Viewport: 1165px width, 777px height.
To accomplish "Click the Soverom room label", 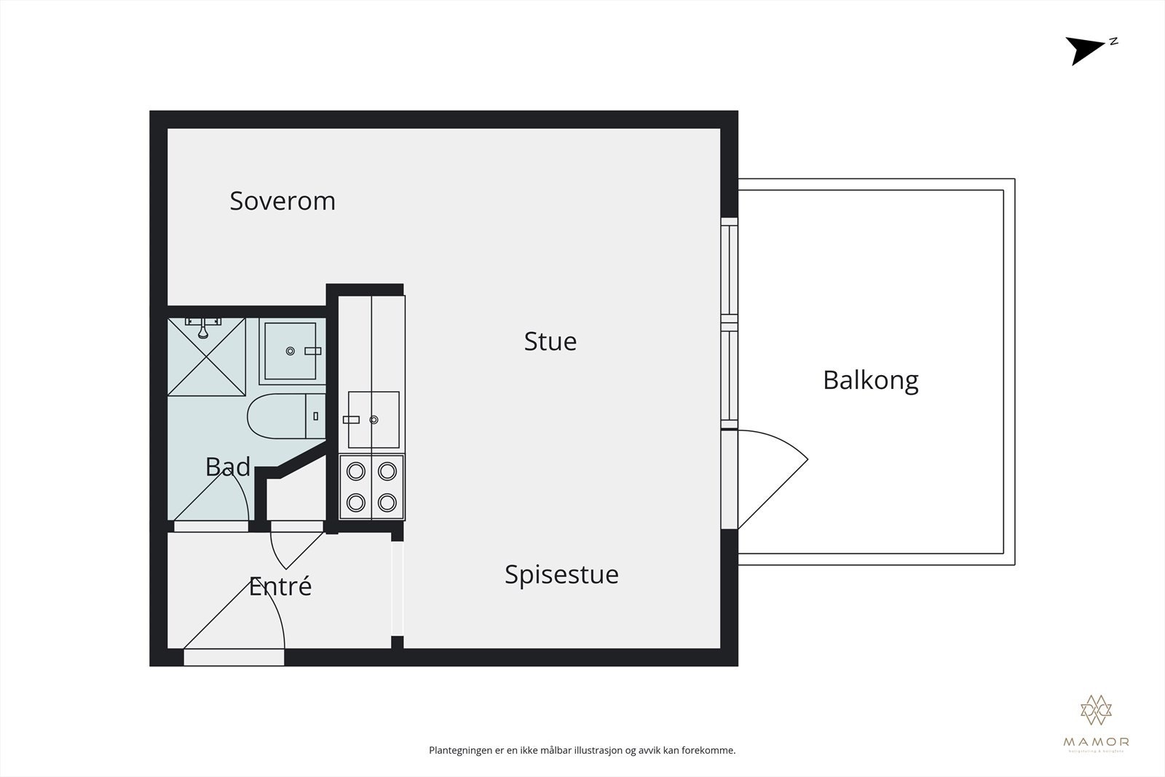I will (283, 201).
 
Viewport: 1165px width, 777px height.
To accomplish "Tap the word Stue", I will (550, 342).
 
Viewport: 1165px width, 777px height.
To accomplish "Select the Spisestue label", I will (561, 575).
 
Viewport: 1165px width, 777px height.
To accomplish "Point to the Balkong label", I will (870, 380).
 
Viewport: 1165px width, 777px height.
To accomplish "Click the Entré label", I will (280, 586).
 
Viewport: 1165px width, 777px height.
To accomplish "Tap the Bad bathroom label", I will (227, 467).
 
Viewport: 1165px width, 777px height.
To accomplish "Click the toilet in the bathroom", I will (277, 417).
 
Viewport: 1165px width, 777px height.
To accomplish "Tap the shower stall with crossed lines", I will (207, 357).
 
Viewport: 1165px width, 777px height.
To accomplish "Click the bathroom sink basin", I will (290, 351).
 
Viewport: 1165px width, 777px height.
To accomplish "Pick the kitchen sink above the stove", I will (374, 419).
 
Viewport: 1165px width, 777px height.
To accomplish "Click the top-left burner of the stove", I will (355, 471).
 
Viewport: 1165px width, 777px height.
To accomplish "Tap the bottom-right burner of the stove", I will (387, 502).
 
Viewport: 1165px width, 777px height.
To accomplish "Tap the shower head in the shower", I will (204, 331).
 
